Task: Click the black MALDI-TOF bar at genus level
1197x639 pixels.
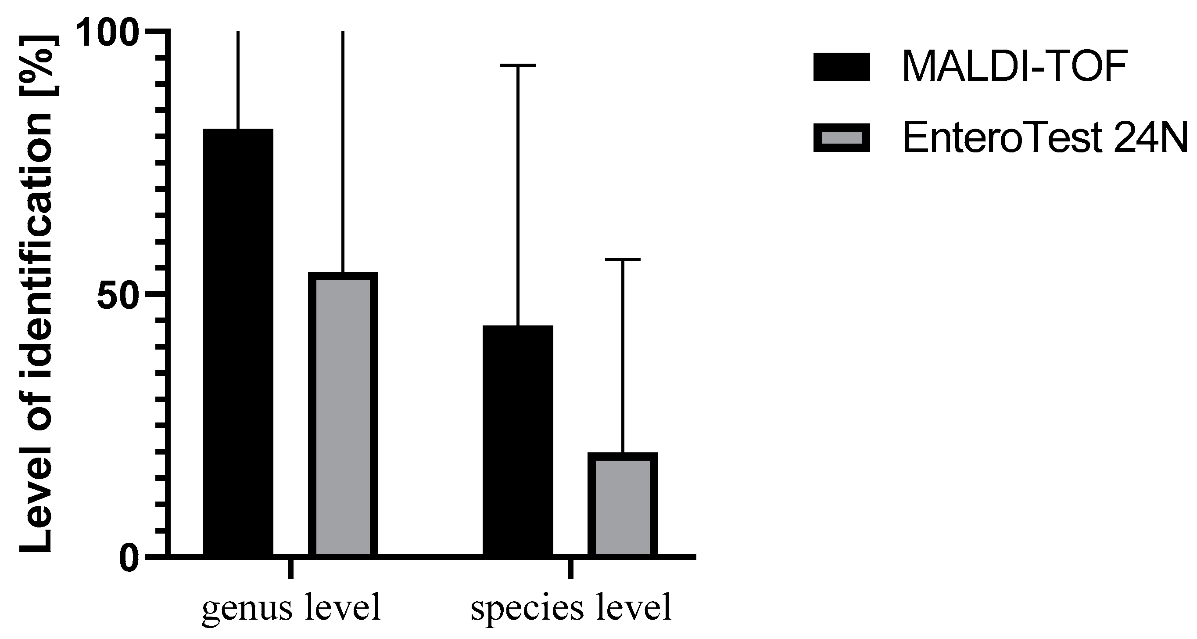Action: tap(238, 342)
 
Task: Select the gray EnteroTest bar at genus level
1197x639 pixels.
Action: tap(343, 414)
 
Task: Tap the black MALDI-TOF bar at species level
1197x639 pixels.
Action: tap(518, 440)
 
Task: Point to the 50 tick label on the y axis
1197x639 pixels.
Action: tap(118, 294)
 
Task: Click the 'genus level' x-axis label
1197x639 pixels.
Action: tap(291, 608)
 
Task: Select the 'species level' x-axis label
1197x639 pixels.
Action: tap(571, 608)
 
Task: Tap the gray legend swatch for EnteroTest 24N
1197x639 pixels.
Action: tap(841, 137)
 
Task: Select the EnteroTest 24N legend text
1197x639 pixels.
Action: tap(1044, 137)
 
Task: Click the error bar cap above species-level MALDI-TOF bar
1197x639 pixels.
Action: tap(518, 65)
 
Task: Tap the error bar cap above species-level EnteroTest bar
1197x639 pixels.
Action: tap(622, 259)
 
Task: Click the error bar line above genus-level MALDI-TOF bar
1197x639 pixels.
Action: tap(238, 79)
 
